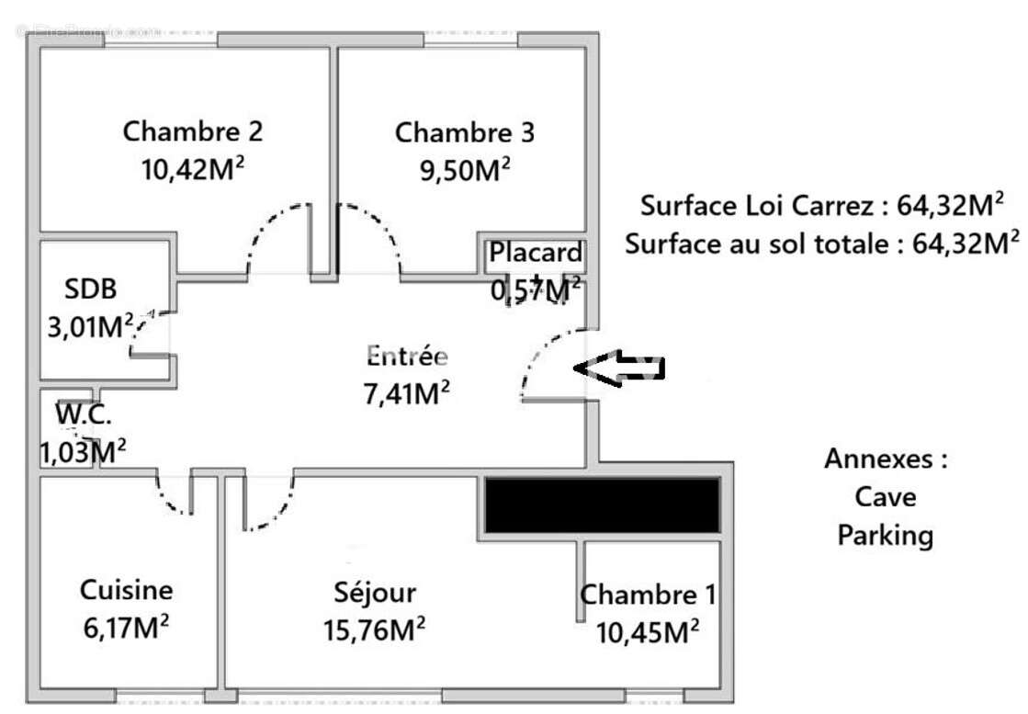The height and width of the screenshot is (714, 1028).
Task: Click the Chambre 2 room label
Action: pos(193,131)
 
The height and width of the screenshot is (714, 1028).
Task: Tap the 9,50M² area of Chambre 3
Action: pos(465,171)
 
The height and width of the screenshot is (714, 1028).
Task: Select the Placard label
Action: pos(536,252)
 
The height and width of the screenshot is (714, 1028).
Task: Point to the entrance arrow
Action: pos(619,367)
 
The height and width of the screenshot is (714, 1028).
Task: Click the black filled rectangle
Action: pos(602,504)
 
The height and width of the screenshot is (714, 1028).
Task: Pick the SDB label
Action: pos(91,289)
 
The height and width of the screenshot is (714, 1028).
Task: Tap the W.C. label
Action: pos(84,414)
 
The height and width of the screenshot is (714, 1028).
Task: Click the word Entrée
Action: pos(407,355)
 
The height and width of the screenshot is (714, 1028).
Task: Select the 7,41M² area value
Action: pos(407,393)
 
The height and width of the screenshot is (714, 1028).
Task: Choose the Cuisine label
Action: pos(126,590)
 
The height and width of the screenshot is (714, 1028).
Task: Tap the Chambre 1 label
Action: pos(649,595)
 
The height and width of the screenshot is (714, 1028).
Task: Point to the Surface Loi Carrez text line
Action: pos(822,205)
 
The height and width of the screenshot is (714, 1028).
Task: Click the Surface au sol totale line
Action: pos(822,244)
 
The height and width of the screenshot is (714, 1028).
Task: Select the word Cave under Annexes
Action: pos(885,496)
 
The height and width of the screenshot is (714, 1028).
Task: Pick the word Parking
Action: pos(885,535)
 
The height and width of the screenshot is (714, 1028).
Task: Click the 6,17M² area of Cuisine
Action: pos(126,629)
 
